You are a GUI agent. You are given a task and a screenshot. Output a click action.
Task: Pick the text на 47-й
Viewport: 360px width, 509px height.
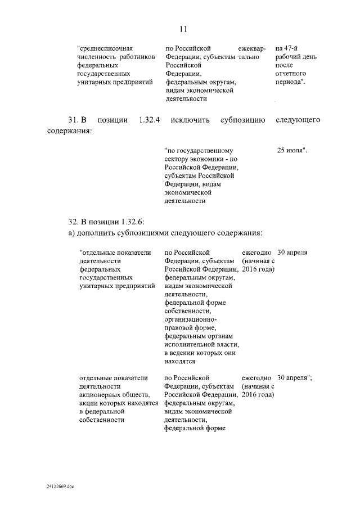(x=287, y=49)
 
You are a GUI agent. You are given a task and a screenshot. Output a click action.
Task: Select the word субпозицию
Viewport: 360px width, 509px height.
(x=242, y=120)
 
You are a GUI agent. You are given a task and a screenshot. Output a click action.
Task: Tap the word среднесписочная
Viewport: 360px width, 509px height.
(x=109, y=49)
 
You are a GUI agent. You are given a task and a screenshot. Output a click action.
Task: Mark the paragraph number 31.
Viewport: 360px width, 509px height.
(x=72, y=120)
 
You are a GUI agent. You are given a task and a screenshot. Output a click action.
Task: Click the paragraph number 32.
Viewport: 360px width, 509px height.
(x=73, y=220)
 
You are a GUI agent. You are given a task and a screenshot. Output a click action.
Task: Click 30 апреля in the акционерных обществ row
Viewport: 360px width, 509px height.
(x=294, y=377)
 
